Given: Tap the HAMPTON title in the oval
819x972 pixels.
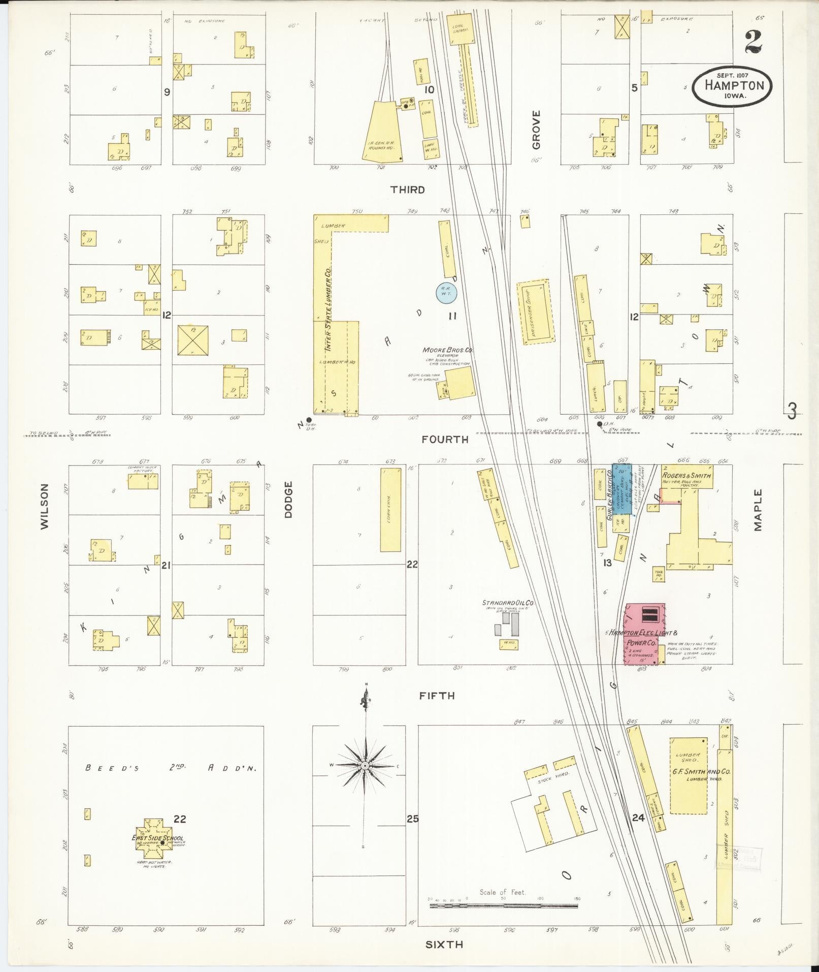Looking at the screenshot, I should tap(734, 85).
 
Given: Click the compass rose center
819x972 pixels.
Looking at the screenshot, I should tap(365, 765).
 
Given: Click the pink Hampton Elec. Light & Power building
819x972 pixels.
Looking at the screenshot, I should tap(644, 634).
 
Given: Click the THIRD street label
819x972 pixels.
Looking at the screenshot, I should tap(407, 190).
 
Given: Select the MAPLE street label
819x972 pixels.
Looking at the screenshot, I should tap(758, 510).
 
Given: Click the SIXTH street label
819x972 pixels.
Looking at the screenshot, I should tap(444, 945).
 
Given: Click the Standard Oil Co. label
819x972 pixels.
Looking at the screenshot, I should tap(511, 603).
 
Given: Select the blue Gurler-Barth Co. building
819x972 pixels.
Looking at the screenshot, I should tap(621, 488).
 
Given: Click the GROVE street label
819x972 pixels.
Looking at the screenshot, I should tap(536, 130).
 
